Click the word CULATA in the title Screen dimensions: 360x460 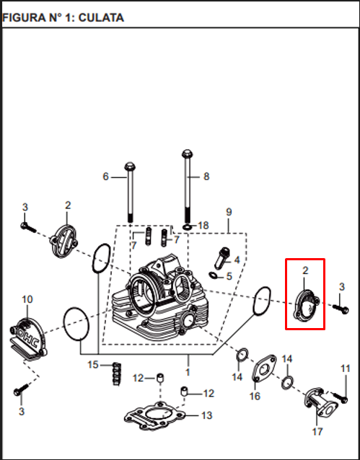(101, 18)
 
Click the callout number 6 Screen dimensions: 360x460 (106, 177)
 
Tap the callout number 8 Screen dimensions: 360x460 (206, 177)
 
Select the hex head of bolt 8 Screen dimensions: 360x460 (187, 154)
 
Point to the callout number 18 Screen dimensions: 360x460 (203, 225)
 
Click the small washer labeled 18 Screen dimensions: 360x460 (187, 227)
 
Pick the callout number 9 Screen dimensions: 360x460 (229, 212)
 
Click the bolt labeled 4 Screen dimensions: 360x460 (222, 258)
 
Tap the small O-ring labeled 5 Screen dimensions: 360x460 (214, 275)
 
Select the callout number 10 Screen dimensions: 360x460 (27, 299)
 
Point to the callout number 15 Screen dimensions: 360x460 (93, 365)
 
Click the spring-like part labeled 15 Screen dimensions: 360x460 (117, 374)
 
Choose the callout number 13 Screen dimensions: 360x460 (207, 415)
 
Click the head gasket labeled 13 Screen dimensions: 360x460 (154, 417)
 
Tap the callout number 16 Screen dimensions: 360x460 (255, 396)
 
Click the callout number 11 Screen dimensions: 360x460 (346, 368)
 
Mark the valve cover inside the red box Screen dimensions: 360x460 (306, 306)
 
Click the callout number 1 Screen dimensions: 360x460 (188, 372)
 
